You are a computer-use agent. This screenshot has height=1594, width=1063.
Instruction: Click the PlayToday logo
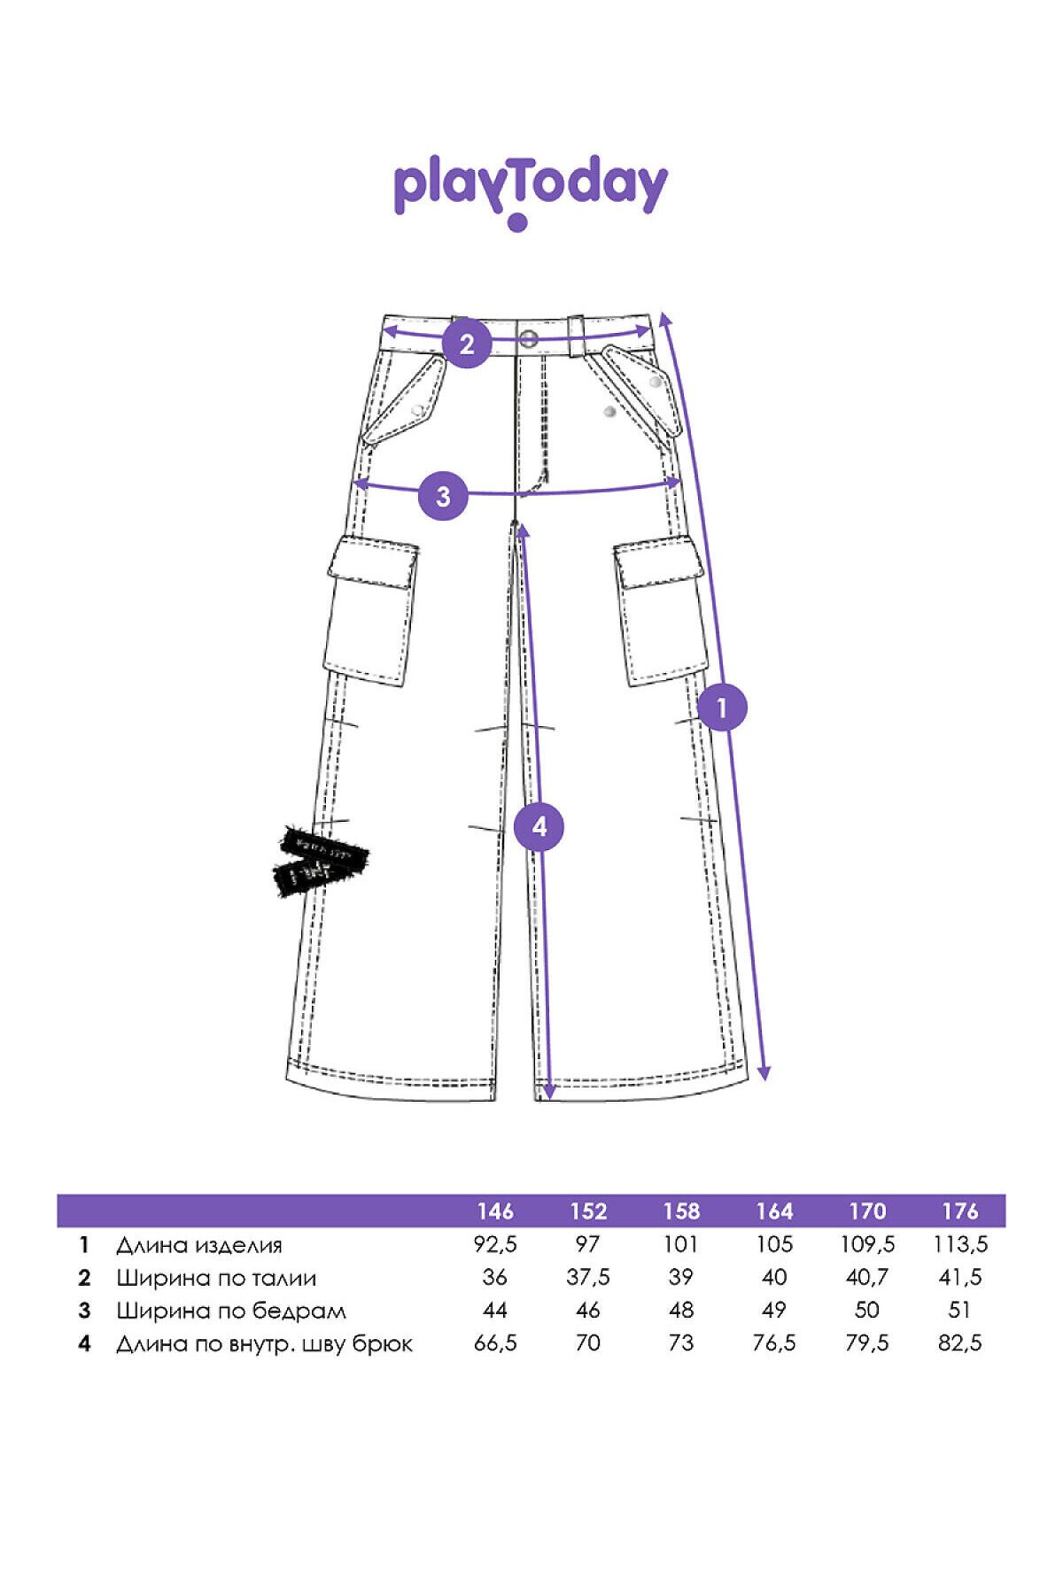pyautogui.click(x=530, y=190)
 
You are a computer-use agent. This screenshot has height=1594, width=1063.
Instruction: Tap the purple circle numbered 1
pyautogui.click(x=722, y=708)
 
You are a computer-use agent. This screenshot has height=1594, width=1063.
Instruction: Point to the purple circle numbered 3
pyautogui.click(x=443, y=495)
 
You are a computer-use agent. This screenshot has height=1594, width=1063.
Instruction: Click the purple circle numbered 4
pyautogui.click(x=539, y=826)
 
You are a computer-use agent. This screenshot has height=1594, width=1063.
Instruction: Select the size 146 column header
pyautogui.click(x=495, y=1211)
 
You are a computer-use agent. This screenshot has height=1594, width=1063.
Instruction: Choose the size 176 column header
pyautogui.click(x=960, y=1211)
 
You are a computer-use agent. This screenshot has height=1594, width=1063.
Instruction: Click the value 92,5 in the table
pyautogui.click(x=495, y=1244)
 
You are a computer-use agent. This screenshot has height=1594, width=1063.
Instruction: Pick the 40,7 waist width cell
pyautogui.click(x=867, y=1277)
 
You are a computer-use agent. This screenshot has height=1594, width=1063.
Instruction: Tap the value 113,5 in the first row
pyautogui.click(x=960, y=1244)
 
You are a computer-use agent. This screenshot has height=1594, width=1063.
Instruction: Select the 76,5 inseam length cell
pyautogui.click(x=774, y=1343)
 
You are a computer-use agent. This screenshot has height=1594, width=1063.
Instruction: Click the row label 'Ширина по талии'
pyautogui.click(x=216, y=1278)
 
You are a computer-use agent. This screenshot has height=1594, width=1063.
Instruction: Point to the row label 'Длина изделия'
pyautogui.click(x=199, y=1245)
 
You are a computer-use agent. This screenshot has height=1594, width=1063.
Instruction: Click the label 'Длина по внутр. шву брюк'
pyautogui.click(x=264, y=1344)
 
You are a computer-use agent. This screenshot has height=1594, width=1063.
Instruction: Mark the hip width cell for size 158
pyautogui.click(x=681, y=1310)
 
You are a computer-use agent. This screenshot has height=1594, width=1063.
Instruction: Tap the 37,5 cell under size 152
pyautogui.click(x=588, y=1277)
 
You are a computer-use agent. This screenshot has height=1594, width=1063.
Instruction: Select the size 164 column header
pyautogui.click(x=774, y=1211)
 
